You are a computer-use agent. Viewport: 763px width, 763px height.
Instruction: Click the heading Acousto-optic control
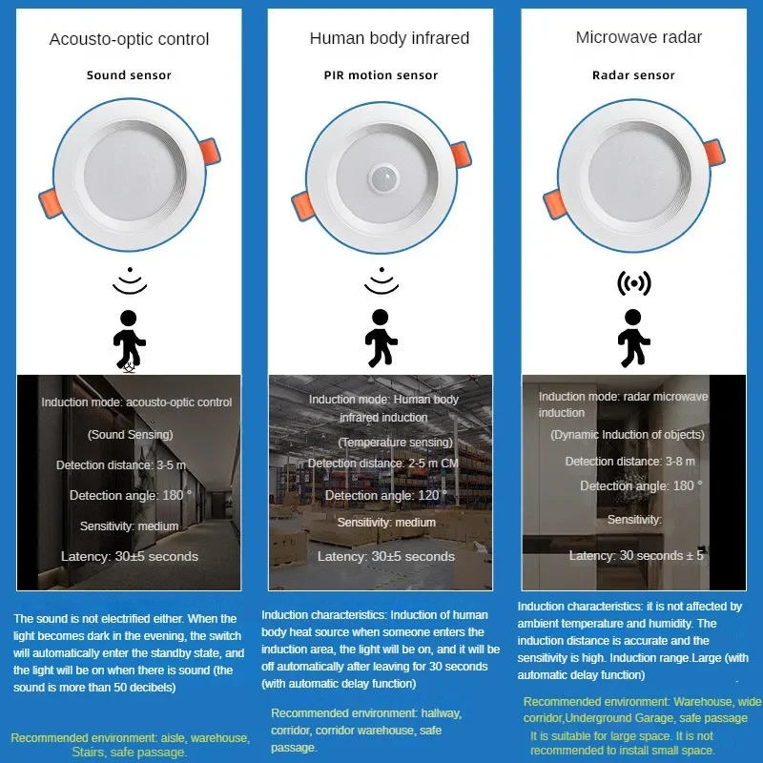[129, 39]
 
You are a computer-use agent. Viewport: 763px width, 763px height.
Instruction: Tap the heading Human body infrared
[389, 38]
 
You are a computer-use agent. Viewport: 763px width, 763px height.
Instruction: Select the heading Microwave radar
[638, 37]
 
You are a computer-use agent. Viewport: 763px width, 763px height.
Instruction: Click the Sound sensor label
[128, 75]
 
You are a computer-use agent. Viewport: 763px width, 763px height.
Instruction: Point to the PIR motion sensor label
[381, 75]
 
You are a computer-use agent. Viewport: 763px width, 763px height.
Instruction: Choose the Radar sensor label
[633, 75]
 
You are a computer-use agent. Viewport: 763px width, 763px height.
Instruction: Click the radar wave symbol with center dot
[633, 283]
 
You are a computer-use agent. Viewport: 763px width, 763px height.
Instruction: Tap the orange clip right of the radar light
[713, 150]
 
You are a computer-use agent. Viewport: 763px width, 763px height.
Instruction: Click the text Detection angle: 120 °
[380, 495]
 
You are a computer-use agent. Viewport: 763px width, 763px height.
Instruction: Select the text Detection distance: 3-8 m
[629, 462]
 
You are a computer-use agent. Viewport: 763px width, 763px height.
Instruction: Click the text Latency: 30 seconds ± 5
[636, 555]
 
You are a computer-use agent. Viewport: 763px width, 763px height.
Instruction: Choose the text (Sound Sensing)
[127, 434]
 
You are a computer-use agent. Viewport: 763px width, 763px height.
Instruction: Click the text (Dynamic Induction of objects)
[627, 435]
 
